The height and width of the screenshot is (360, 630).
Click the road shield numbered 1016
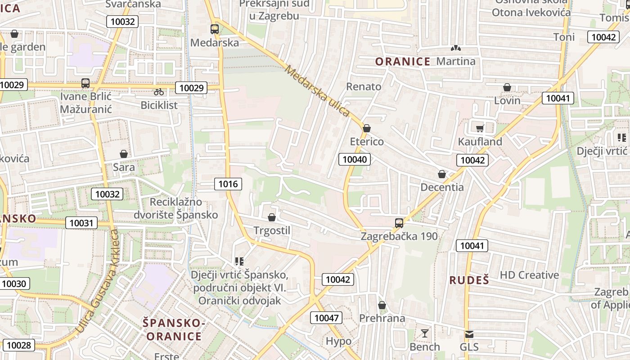[x=228, y=184]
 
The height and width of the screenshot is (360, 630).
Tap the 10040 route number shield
[x=355, y=159]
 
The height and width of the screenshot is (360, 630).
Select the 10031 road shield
[x=81, y=222]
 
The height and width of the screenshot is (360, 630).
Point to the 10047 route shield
[x=326, y=318]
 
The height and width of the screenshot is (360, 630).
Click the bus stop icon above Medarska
[x=215, y=29]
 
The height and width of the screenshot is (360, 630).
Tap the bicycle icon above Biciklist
[x=159, y=92]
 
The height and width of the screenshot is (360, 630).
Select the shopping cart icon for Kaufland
[x=480, y=128]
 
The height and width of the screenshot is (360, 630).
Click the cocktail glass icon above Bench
[x=424, y=333]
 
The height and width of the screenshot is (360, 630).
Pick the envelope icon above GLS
[x=469, y=334]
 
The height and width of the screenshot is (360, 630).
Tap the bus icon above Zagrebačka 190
[x=399, y=223]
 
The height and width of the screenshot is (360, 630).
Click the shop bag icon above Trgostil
[x=271, y=218]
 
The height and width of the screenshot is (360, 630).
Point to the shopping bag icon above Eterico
[x=367, y=128]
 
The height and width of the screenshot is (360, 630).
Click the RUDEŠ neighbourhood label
[x=469, y=280]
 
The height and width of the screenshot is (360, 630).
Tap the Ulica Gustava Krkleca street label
[x=98, y=281]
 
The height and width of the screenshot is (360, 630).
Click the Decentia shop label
[x=442, y=187]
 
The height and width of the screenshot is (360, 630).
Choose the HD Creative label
[x=529, y=275]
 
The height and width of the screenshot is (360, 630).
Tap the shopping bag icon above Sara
[x=124, y=154]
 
